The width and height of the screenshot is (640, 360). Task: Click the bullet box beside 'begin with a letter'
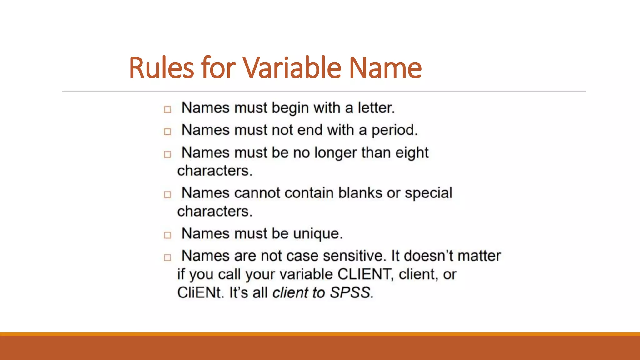[x=167, y=109]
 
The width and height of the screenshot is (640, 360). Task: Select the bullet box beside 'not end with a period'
[x=167, y=132]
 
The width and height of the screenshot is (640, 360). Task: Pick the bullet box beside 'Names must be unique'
[x=167, y=235]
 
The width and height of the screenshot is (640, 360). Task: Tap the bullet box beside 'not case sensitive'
[x=167, y=257]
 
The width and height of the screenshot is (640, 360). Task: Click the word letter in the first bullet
[x=376, y=108]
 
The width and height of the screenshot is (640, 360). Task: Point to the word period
[x=394, y=130]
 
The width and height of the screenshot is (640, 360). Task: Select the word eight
[x=412, y=153]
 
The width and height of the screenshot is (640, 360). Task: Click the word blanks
[x=360, y=193]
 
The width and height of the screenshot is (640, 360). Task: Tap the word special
[x=428, y=193]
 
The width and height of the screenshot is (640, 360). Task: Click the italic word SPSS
[x=351, y=293]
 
